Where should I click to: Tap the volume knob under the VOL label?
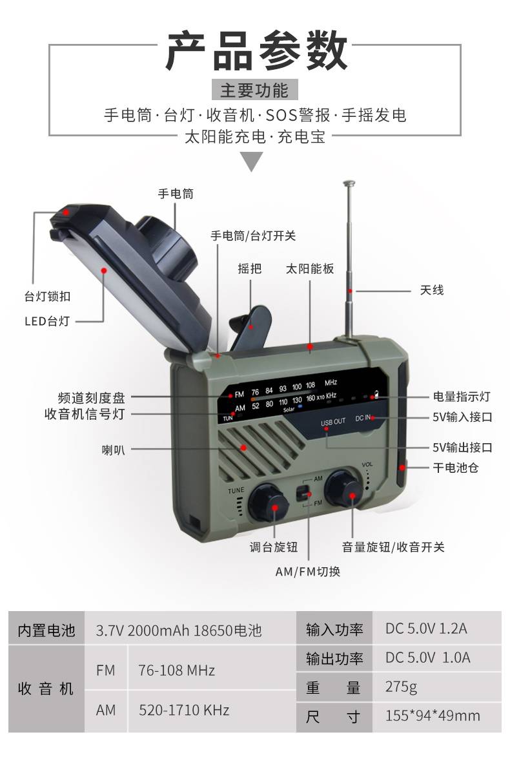point(344,489)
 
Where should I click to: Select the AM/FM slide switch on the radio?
point(303,494)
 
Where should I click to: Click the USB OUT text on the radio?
point(332,422)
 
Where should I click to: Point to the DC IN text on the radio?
point(362,418)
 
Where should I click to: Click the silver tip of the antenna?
point(349,183)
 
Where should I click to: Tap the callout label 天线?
point(432,290)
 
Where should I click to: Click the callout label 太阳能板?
point(310,269)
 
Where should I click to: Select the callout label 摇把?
point(249,269)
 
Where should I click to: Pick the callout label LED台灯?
point(47,321)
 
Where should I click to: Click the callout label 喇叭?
point(113,450)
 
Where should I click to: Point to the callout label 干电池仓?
point(456,468)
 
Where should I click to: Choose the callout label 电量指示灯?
point(462,397)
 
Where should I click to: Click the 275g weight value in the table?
point(401,687)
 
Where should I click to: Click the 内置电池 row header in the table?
point(46,630)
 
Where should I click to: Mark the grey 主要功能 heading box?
point(254,90)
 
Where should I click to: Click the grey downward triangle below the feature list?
point(252,161)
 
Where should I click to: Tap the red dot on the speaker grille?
point(244,447)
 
